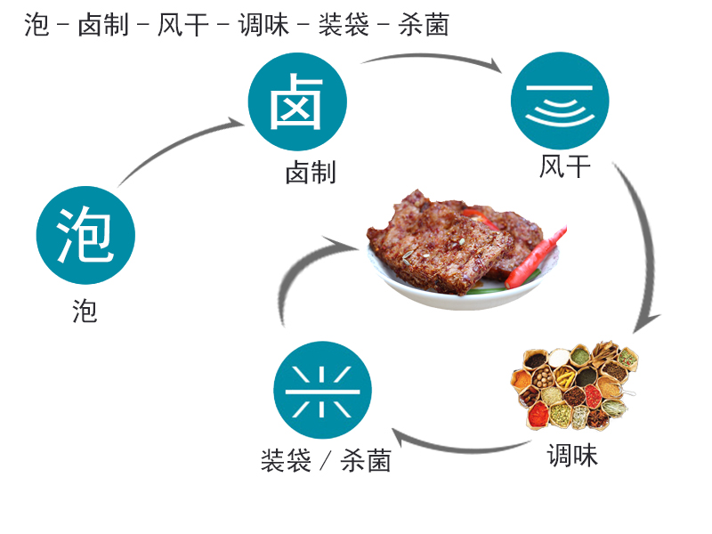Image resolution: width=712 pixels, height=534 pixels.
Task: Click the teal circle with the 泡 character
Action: point(85,235)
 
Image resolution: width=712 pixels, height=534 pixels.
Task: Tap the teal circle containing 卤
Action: point(297,101)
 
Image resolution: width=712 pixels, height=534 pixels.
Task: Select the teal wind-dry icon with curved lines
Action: point(560,101)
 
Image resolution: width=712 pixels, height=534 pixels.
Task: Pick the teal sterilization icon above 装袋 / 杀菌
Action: point(322,390)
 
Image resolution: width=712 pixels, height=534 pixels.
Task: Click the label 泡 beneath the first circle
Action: point(85,311)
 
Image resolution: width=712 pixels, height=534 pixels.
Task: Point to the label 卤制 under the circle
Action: point(311,172)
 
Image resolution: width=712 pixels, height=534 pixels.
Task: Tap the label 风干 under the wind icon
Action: point(565,166)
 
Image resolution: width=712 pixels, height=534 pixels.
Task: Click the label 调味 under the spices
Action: point(572,455)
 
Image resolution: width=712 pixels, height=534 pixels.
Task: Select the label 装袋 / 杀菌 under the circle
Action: point(326,460)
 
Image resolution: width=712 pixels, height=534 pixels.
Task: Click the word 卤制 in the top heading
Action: point(103,25)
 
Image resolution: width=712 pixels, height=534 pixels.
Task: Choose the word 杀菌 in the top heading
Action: point(425,25)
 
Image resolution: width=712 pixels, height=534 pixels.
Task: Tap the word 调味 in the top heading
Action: point(263,25)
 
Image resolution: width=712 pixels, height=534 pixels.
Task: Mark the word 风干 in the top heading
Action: point(183,25)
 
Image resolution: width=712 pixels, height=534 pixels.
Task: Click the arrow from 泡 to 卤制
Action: point(174,146)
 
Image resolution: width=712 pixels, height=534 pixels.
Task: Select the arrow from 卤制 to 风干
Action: point(432,56)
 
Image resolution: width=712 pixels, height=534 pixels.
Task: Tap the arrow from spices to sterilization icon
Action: point(458,449)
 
